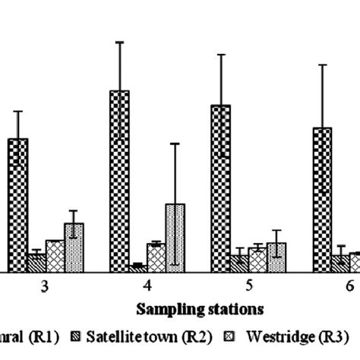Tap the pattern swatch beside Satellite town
click(x=74, y=335)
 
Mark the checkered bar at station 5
click(x=220, y=187)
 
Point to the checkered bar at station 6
click(x=322, y=198)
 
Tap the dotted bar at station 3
click(x=74, y=247)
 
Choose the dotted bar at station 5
click(x=276, y=257)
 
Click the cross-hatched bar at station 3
click(x=55, y=255)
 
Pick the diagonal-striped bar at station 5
click(x=239, y=263)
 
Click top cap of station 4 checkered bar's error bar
click(x=119, y=41)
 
